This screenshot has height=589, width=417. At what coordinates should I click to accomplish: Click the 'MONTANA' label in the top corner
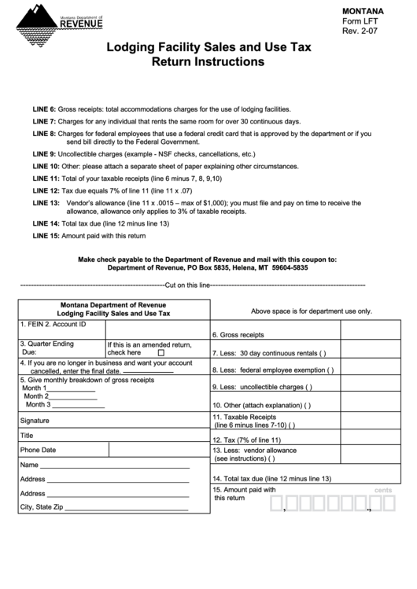(363, 11)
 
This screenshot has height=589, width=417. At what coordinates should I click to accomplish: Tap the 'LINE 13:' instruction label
(46, 202)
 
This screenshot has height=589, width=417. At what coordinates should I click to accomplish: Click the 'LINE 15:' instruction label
(46, 236)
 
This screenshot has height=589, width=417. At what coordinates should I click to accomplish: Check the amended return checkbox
(161, 353)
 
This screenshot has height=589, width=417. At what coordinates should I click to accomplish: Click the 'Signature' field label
(35, 421)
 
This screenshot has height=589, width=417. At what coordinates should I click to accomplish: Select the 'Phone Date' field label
(38, 451)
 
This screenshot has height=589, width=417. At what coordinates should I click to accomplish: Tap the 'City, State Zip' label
(41, 507)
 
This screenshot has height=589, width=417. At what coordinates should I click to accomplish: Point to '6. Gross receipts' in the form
(238, 334)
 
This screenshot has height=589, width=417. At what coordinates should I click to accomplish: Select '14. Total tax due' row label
(272, 479)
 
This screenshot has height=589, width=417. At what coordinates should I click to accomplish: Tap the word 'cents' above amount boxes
(383, 490)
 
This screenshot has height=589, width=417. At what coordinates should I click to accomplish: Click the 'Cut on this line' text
(187, 285)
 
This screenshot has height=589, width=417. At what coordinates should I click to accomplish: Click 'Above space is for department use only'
(312, 311)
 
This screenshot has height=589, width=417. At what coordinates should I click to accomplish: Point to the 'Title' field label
(27, 436)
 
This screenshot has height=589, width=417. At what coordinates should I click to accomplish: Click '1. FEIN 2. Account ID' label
(53, 324)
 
